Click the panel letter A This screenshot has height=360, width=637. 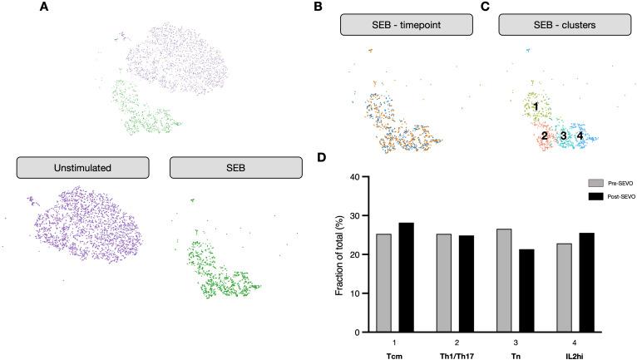pos(43,7)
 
